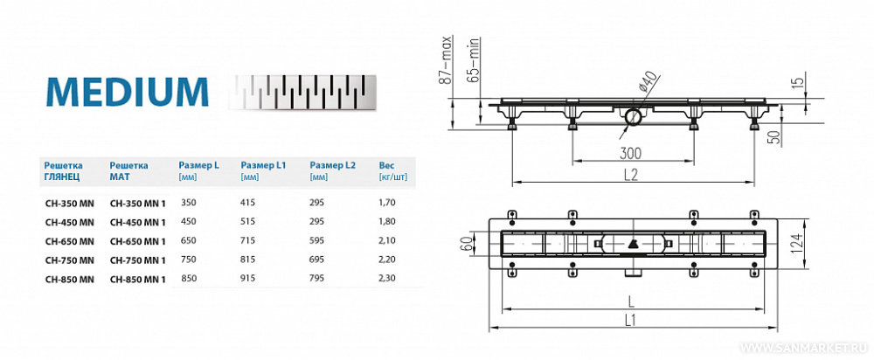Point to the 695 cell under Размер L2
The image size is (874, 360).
pos(318,260)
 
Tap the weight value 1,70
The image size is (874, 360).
pos(388,202)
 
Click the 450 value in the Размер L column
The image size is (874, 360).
pos(188,221)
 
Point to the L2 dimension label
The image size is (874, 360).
pos(631,174)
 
